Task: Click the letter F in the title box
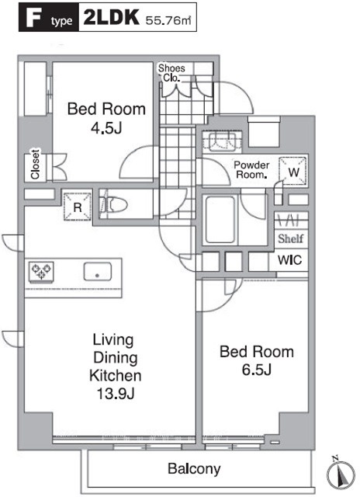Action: tap(33, 18)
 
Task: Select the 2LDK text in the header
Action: tap(111, 17)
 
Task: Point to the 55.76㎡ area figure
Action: tap(168, 21)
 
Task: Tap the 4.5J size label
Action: tap(106, 128)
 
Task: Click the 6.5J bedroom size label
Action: tap(257, 370)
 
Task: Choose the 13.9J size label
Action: tap(116, 394)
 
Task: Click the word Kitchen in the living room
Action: tap(116, 376)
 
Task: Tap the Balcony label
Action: tap(194, 469)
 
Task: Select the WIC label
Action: tap(289, 260)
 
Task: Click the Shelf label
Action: tap(291, 238)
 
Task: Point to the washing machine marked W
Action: tap(293, 172)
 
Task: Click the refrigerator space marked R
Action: tap(78, 207)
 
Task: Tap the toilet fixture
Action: tap(113, 205)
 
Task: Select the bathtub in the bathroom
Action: tap(220, 219)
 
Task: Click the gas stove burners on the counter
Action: tap(41, 271)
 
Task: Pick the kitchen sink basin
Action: tap(98, 272)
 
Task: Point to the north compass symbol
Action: tap(340, 474)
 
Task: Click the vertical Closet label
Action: tap(35, 165)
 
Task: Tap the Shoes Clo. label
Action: tap(171, 72)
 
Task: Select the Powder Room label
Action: tap(251, 170)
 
